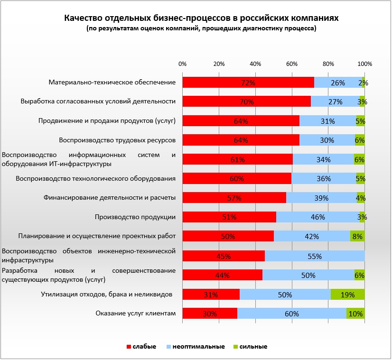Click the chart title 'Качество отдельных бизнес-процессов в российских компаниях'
click(201, 18)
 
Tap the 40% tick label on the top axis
click(255, 64)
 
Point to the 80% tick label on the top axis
click(328, 64)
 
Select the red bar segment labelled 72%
click(248, 83)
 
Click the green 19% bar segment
click(347, 295)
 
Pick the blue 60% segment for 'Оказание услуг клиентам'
click(291, 314)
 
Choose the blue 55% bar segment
click(314, 256)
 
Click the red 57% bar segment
click(234, 198)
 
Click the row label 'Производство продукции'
click(136, 217)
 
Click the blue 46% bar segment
click(317, 217)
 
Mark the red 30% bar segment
click(209, 314)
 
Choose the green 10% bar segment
click(355, 314)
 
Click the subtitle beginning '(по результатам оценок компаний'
click(201, 28)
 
